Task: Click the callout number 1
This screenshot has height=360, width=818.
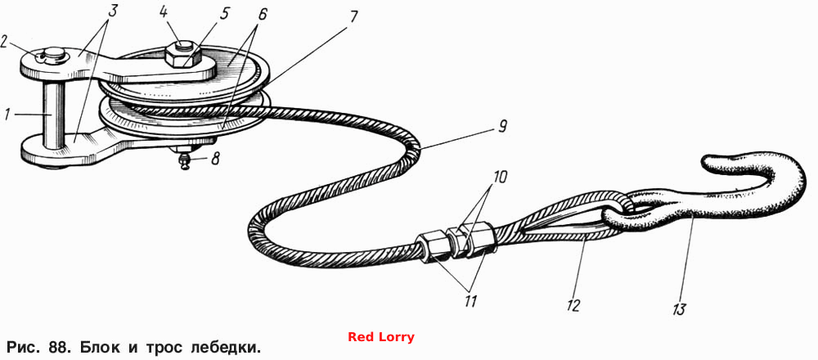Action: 7,115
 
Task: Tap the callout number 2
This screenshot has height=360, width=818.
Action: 5,41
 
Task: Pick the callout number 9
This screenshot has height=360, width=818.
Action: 502,127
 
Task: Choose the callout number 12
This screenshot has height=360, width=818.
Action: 573,305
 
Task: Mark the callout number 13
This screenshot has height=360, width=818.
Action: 678,309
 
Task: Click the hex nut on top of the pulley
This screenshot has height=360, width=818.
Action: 183,56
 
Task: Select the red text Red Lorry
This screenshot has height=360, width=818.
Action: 381,337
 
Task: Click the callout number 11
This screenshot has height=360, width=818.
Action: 470,301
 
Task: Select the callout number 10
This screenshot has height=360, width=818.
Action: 499,177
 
